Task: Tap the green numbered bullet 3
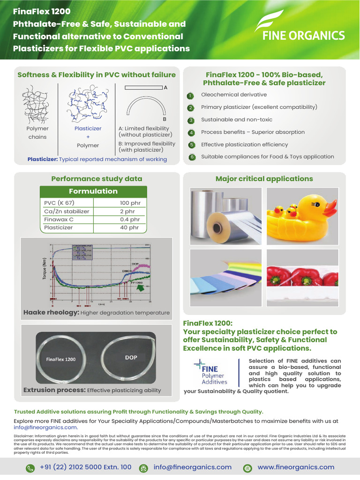point(191,120)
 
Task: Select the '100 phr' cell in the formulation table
point(130,203)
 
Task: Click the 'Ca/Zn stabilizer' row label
point(67,211)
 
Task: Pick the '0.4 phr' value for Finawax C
point(130,219)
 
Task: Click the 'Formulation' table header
point(93,191)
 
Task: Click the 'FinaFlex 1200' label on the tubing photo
point(61,360)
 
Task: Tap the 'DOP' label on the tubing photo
point(131,357)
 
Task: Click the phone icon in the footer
point(30,468)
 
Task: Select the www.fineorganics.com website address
point(296,467)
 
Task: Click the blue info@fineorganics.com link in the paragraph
point(45,427)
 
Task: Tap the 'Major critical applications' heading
point(264,179)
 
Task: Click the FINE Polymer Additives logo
point(210,373)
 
